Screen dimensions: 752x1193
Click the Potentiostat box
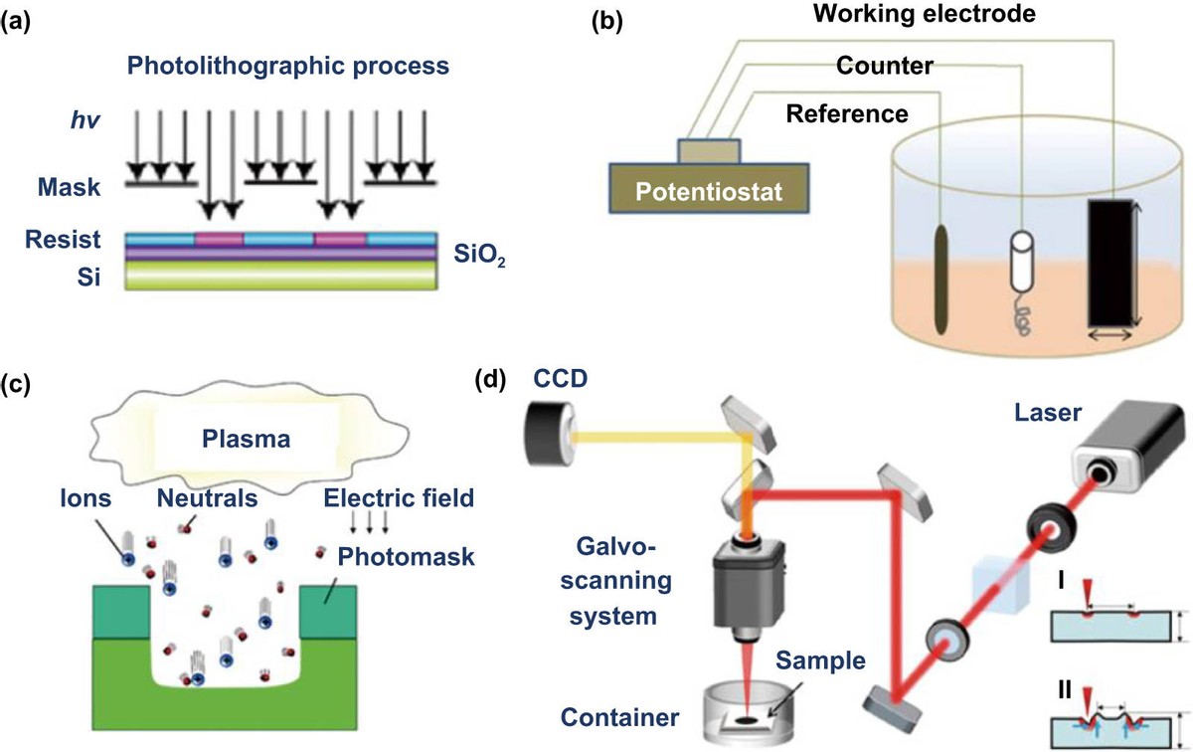coord(707,185)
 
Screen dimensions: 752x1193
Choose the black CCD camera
coord(546,433)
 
